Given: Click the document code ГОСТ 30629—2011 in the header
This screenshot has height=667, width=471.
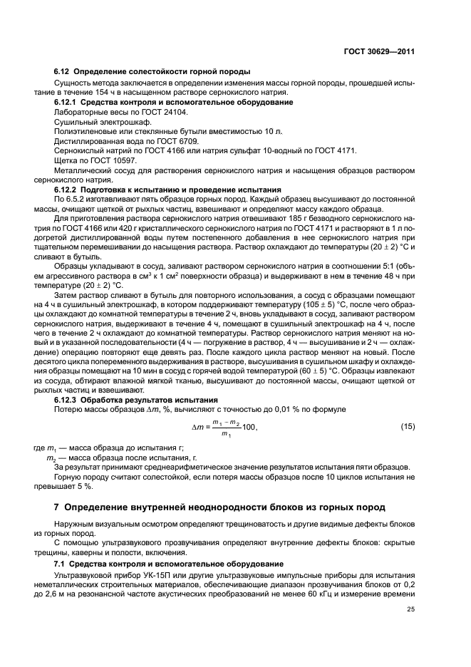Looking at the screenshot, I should point(380,51).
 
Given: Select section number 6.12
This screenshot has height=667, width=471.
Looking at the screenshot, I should point(62,73).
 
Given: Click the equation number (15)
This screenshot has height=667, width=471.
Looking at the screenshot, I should point(408,426).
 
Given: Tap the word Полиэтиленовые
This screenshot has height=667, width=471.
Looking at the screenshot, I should point(84,131).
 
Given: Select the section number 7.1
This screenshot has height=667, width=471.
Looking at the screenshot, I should point(60,564).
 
